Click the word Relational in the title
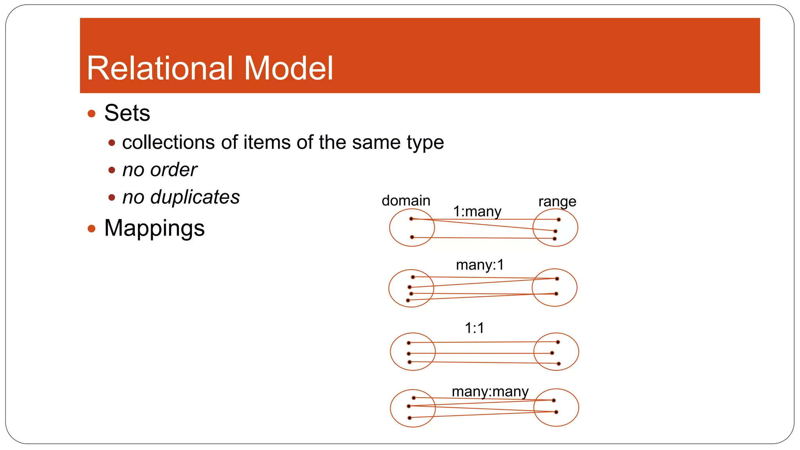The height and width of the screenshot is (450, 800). pos(159,68)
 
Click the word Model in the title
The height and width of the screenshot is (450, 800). pos(288,68)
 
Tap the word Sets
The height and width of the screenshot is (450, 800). pos(127,113)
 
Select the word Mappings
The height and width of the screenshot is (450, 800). pos(154,229)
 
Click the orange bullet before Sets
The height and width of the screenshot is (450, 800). pos(92,114)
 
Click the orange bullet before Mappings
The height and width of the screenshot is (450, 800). pos(92,229)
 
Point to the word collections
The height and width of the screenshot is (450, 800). pos(168,142)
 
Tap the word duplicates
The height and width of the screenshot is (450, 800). pos(195,197)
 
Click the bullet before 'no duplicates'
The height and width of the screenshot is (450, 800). pos(112,198)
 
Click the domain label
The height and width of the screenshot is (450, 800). pos(406,201)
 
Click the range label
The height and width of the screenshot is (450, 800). pos(557,202)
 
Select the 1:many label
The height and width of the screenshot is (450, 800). pos(477,212)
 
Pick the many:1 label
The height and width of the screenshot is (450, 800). pos(480,265)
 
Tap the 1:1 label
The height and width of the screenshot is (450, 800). pos(474,328)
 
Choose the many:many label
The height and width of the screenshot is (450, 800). pos(490,391)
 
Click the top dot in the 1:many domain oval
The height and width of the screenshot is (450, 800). pos(411,219)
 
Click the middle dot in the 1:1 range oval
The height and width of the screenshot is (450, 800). pos(552,353)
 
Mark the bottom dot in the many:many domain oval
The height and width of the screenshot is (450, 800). pos(409,418)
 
